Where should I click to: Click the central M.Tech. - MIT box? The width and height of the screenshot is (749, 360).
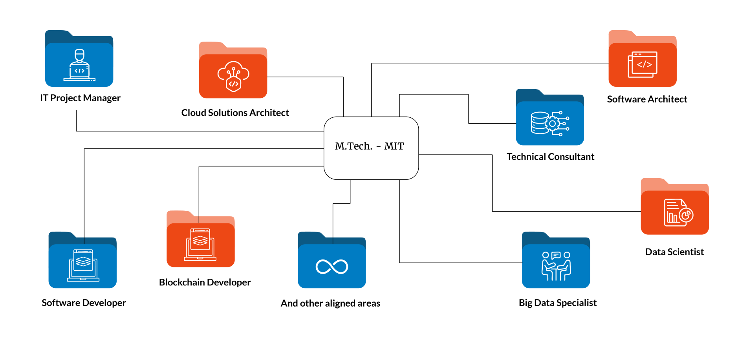[x=371, y=148]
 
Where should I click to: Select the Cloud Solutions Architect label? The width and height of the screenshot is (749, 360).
[x=235, y=113]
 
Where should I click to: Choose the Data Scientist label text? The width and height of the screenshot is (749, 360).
[x=674, y=252]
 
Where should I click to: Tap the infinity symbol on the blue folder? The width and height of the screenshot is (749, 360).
[x=331, y=267]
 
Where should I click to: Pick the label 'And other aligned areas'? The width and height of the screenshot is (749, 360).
[x=330, y=303]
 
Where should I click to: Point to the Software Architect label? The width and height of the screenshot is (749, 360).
[x=647, y=99]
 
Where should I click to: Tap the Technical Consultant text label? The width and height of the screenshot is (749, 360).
[x=550, y=157]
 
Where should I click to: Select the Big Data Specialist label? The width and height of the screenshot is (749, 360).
[x=557, y=303]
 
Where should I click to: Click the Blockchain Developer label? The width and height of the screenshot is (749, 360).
[x=205, y=283]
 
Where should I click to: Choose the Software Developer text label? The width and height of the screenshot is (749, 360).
[x=84, y=303]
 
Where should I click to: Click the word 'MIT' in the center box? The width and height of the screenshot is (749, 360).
[x=394, y=146]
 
